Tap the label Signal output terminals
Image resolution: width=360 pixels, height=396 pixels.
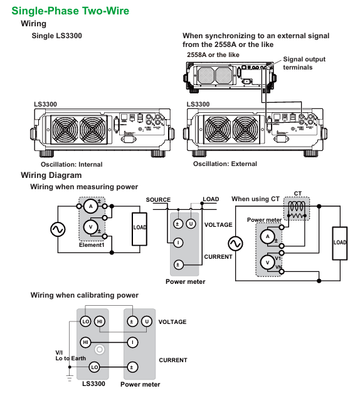(x=304, y=63)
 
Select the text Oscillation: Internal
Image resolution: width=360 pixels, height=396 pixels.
(x=71, y=165)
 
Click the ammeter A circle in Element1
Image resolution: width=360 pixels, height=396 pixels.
(x=90, y=206)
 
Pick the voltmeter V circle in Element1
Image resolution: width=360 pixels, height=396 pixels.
(x=90, y=227)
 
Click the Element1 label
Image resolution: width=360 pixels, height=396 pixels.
(x=92, y=245)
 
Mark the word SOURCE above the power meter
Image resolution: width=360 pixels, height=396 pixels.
(x=158, y=200)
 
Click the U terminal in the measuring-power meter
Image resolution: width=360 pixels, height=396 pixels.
(x=191, y=224)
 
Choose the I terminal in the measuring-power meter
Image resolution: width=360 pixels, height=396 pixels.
(x=178, y=242)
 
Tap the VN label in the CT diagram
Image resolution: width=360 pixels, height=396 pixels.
(x=279, y=267)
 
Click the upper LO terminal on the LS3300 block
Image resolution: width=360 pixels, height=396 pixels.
(x=87, y=321)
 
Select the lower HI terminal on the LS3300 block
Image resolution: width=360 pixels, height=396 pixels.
(x=85, y=342)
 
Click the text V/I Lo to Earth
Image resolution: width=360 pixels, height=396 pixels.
(x=70, y=355)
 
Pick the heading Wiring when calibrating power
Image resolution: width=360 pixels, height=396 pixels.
(x=84, y=295)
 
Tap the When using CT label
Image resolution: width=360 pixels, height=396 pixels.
(x=255, y=199)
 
